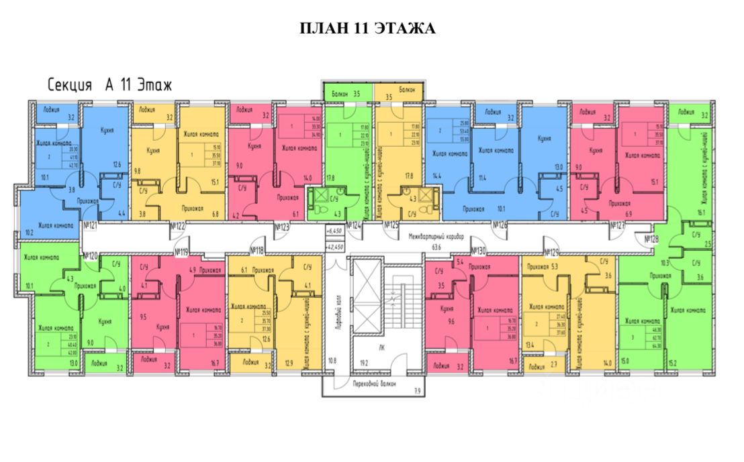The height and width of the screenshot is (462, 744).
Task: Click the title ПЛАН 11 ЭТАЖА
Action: [367, 28]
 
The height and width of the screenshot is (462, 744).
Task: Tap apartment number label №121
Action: [90, 226]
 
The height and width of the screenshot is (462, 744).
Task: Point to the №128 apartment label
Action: [651, 238]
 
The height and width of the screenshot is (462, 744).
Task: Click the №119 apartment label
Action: [181, 252]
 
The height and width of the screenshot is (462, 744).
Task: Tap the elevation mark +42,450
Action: [334, 247]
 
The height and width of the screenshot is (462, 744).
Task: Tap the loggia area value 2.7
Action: [554, 367]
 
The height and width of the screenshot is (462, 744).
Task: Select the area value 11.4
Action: [482, 178]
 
